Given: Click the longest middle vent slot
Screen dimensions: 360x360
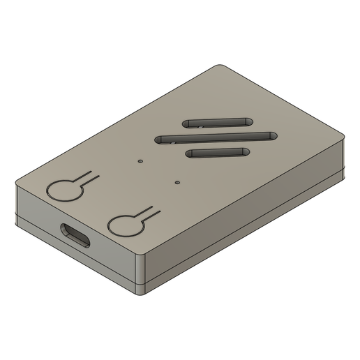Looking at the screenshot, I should tap(216, 137).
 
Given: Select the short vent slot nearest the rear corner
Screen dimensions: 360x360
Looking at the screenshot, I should tap(218, 121).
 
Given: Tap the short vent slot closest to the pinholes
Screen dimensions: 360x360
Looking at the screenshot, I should tap(218, 152).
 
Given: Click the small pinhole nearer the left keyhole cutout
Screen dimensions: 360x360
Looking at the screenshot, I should tap(140, 160).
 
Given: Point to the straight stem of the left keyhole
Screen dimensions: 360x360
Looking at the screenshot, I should tap(88, 176).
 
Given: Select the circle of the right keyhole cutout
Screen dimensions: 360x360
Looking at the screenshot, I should tap(126, 225).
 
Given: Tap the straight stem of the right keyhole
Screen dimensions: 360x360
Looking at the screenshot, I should tap(151, 211).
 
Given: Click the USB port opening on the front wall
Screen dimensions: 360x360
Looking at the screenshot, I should tap(75, 235).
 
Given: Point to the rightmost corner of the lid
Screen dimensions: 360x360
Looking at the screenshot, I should tap(343, 140).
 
